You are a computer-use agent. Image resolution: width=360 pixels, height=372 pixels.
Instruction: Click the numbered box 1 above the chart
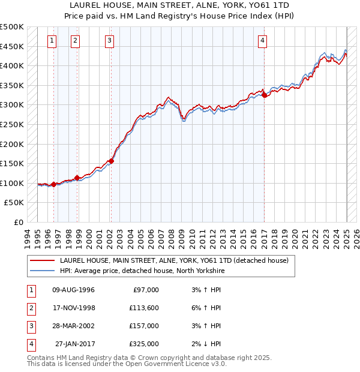[52, 41]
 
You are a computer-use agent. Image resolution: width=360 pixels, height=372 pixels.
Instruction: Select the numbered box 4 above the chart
[263, 41]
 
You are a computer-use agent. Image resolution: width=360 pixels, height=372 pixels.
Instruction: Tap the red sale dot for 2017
[265, 95]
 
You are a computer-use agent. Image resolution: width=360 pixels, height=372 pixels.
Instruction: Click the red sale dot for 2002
[111, 161]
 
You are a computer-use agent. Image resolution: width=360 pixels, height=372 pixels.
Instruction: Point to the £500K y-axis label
[12, 28]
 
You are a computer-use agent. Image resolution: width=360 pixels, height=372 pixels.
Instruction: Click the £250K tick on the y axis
[12, 124]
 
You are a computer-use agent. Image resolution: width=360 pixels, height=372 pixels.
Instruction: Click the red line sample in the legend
[42, 260]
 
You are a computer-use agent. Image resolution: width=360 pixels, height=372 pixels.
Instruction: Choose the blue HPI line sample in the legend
[42, 271]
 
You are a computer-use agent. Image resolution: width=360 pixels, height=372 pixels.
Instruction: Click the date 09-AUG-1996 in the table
[74, 290]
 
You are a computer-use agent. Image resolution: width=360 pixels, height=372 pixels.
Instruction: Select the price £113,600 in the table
[143, 308]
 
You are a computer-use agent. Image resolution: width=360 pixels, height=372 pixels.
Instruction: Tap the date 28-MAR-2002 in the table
[74, 326]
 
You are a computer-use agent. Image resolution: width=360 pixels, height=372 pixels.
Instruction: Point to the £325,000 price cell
[143, 344]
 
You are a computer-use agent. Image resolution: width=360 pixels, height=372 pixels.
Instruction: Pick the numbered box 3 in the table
[31, 326]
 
